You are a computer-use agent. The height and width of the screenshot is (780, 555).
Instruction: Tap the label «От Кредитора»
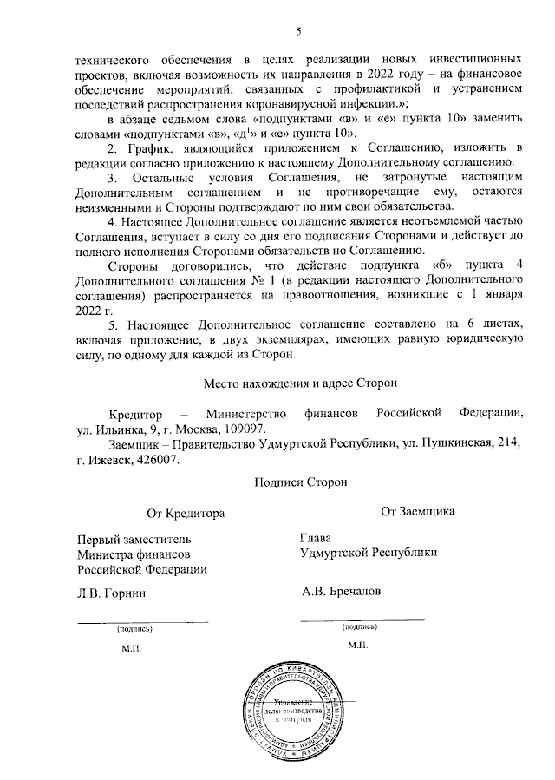(186, 513)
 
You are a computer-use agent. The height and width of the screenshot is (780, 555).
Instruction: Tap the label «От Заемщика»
(418, 512)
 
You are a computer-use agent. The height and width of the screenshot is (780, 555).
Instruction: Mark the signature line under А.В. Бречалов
(362, 619)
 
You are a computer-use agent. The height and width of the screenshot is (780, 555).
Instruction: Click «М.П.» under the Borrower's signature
(358, 646)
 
